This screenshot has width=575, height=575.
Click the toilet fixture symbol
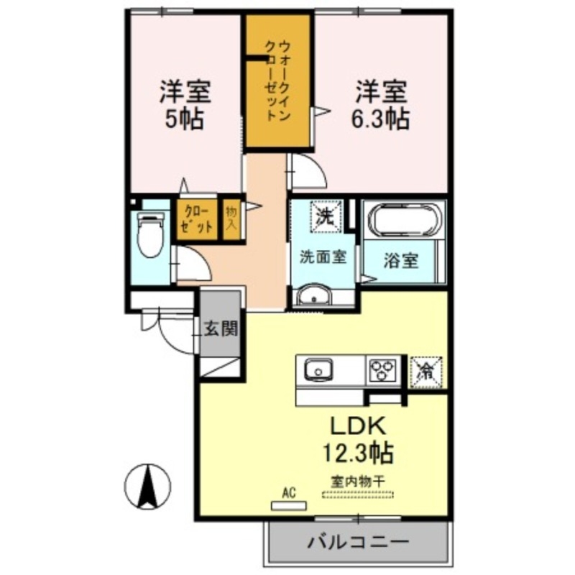tap(150, 236)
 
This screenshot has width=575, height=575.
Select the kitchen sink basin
tap(317, 372)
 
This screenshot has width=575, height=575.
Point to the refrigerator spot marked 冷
tap(426, 372)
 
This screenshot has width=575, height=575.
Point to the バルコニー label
tap(359, 541)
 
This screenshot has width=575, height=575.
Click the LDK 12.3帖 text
tap(359, 439)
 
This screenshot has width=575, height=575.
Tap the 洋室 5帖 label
tap(184, 105)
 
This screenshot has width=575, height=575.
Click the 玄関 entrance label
tap(219, 329)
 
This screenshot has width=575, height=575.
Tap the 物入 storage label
tap(231, 218)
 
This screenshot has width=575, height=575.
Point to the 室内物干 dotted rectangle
tap(358, 494)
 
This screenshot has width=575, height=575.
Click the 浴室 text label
tap(400, 261)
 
